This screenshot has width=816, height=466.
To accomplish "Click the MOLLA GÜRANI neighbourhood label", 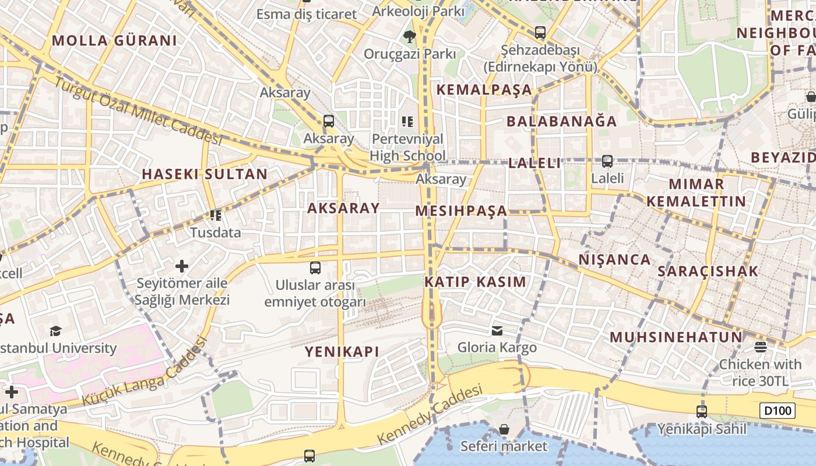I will (x=114, y=41).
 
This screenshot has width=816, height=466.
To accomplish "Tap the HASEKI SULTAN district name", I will (x=205, y=174).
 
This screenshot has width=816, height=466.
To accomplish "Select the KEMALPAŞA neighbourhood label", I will (x=484, y=90).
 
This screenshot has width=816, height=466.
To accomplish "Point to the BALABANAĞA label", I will (x=561, y=121).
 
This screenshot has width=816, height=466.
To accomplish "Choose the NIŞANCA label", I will (x=614, y=260).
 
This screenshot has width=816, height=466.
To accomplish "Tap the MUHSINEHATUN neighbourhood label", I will (x=676, y=337).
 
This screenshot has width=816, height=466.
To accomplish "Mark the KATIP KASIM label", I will (x=475, y=282).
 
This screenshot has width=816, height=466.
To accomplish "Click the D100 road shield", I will (x=778, y=411).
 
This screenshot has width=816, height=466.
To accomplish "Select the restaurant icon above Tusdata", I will (x=216, y=216).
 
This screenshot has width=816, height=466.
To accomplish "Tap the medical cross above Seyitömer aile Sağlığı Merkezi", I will (x=182, y=266).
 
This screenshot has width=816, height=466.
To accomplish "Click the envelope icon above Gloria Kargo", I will (x=497, y=331).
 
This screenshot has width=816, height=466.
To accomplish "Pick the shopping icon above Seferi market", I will (x=504, y=430).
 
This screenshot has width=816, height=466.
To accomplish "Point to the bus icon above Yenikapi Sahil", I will (x=702, y=411).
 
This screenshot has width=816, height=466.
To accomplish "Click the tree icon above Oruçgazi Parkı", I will (x=410, y=36).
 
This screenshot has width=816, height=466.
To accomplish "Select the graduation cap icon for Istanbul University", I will (x=55, y=331).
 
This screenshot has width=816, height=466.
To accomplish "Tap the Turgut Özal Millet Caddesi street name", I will (x=139, y=111).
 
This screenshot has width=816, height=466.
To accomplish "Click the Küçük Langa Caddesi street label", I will (x=146, y=373).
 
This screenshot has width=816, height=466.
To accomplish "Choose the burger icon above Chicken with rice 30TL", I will (x=760, y=347).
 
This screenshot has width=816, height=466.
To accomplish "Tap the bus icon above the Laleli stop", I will (x=607, y=161).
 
